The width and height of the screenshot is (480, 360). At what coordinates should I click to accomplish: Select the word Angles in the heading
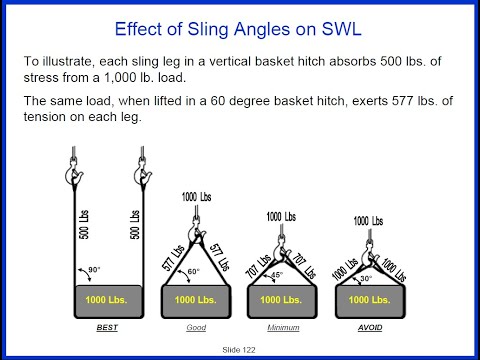244,26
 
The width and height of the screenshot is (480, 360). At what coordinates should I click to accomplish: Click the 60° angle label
193,271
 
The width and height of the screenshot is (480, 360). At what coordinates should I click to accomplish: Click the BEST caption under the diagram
108,326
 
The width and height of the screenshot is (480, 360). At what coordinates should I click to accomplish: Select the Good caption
196,326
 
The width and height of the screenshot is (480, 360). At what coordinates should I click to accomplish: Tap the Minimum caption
283,326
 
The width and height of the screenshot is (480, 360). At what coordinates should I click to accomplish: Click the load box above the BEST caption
108,299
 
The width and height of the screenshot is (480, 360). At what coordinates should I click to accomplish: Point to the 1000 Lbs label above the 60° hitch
196,197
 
